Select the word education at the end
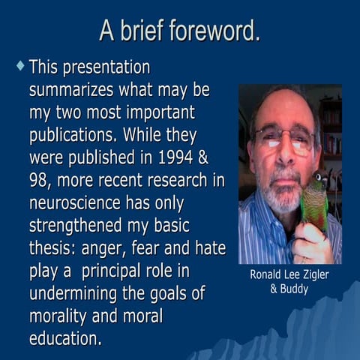tap(63, 338)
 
